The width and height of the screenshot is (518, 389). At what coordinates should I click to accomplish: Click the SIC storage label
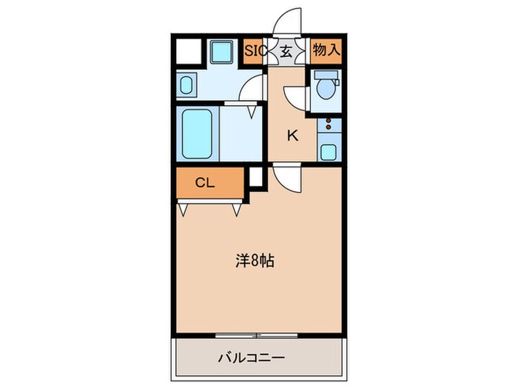tap(256, 52)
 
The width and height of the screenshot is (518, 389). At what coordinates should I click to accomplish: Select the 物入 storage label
tap(325, 52)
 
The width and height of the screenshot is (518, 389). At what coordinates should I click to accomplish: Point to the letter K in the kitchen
tap(292, 136)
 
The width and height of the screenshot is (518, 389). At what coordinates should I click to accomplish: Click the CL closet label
tap(205, 182)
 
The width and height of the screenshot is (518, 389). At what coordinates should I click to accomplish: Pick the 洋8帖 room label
tap(256, 261)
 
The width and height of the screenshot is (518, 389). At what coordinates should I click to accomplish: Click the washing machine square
tap(220, 53)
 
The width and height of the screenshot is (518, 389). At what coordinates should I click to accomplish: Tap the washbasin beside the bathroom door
tap(186, 84)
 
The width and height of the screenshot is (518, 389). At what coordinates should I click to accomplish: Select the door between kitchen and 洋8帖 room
tap(287, 179)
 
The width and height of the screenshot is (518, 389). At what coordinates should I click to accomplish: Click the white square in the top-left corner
tap(188, 53)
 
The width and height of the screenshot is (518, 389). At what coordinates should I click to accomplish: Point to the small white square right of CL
tap(255, 177)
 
